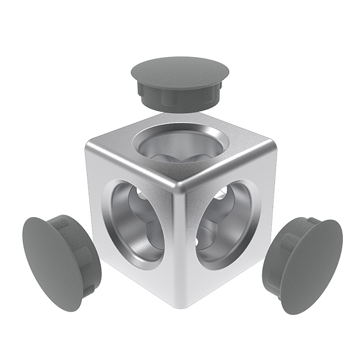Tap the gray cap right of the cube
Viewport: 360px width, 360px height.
[303, 263]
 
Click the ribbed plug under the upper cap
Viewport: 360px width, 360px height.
[177, 95]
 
